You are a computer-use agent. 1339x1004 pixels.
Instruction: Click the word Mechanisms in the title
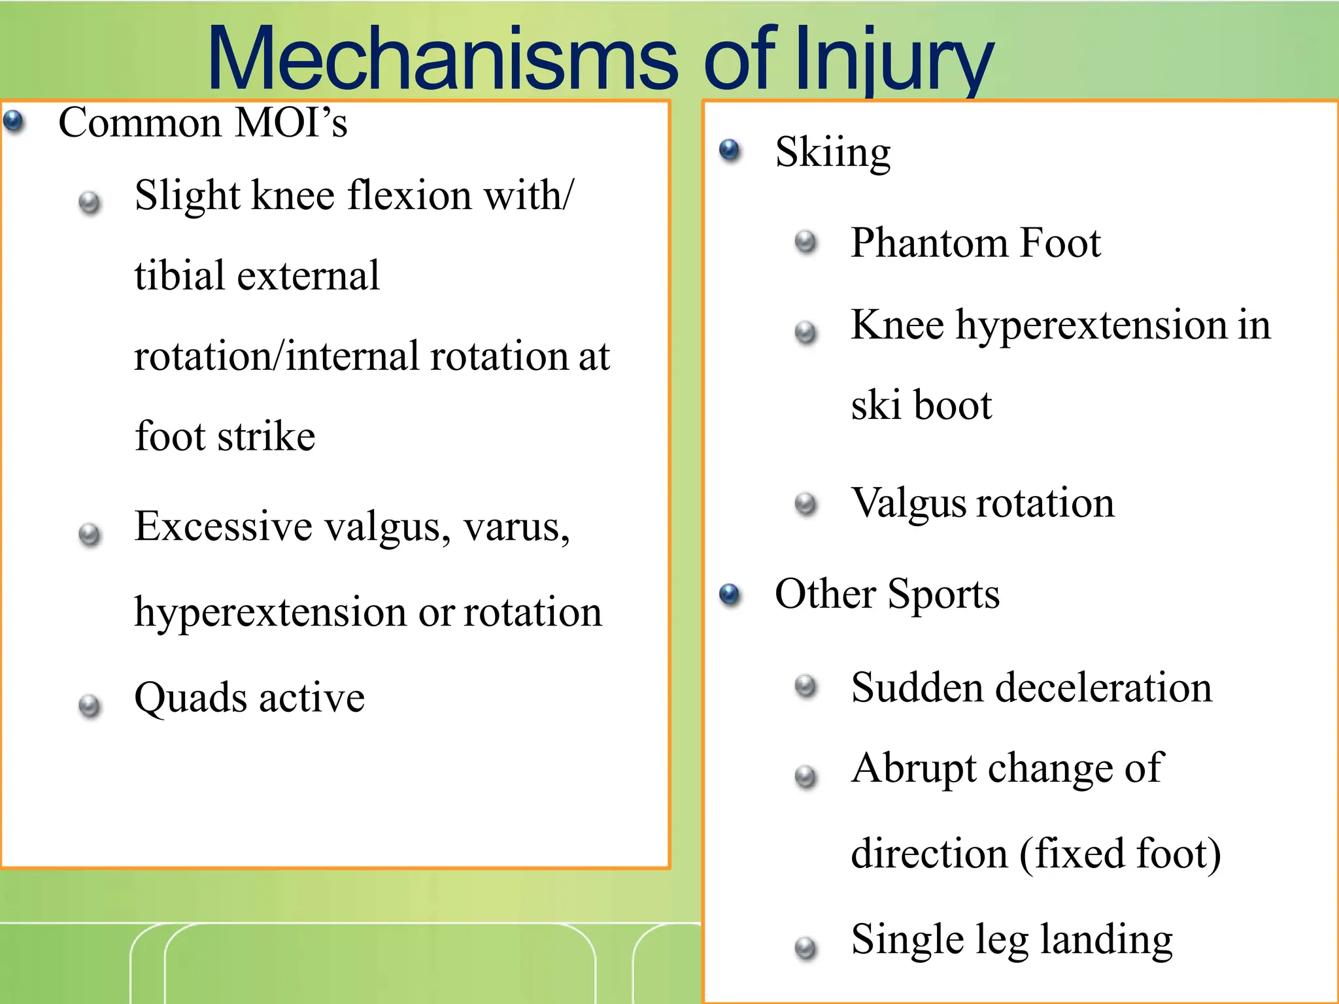click(x=443, y=60)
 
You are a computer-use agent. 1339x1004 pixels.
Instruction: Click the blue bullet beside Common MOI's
click(x=13, y=121)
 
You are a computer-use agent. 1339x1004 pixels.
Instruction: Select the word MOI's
click(x=290, y=122)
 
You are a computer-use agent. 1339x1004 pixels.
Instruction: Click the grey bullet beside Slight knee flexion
click(x=90, y=203)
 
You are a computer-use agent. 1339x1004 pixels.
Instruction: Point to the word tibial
click(x=179, y=275)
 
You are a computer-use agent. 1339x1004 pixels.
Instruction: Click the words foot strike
click(x=224, y=436)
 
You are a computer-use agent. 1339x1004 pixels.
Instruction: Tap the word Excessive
click(x=223, y=526)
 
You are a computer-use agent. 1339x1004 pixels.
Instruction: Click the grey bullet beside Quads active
click(x=90, y=706)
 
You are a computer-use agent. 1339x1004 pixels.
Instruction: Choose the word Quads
click(x=190, y=697)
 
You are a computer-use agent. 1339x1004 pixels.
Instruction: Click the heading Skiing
click(x=832, y=152)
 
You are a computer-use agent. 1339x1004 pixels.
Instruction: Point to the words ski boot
click(x=921, y=405)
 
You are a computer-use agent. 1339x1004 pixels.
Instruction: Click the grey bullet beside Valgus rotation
click(x=805, y=504)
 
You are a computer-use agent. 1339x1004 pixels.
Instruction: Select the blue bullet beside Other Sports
click(x=729, y=594)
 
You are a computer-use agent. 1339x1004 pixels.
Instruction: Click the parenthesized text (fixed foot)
click(x=1120, y=854)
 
